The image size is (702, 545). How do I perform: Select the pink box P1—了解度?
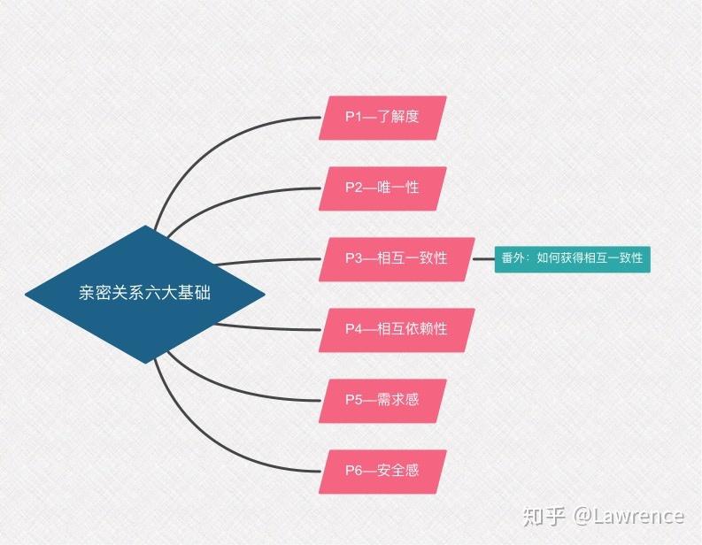tap(382, 117)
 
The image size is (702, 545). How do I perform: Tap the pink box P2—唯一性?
tap(382, 188)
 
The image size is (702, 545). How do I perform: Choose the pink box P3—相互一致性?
tap(396, 258)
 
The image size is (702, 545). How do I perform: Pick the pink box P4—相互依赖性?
tap(396, 329)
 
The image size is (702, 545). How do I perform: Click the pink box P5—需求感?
tap(382, 400)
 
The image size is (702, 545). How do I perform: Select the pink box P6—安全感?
tap(382, 471)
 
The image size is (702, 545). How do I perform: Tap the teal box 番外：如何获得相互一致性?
tap(572, 259)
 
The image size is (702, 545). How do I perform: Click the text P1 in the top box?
tap(353, 117)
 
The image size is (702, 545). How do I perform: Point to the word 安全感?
tap(397, 471)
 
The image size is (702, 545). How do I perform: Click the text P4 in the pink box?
tap(353, 329)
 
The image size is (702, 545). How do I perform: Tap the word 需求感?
tap(397, 400)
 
